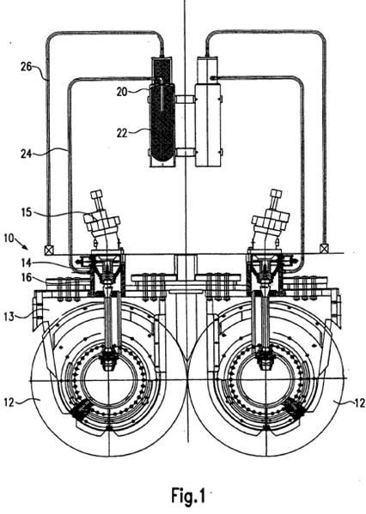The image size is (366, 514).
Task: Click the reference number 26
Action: click(26, 67)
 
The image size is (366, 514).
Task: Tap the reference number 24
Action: click(27, 154)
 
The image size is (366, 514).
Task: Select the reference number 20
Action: click(122, 92)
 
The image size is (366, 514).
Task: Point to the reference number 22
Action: click(122, 133)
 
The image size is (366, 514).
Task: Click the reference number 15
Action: click(26, 213)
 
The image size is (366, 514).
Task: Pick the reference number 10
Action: click(9, 238)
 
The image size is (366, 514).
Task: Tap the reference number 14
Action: click(27, 263)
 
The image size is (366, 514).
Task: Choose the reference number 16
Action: click(27, 277)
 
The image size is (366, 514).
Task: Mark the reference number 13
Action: click(9, 317)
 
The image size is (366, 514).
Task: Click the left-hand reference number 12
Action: click(9, 402)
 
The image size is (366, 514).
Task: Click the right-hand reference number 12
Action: click(360, 402)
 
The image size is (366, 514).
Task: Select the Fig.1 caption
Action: click(188, 495)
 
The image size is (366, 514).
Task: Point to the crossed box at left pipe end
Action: click(49, 250)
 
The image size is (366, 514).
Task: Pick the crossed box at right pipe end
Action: click(324, 249)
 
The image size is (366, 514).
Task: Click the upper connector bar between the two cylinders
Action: click(185, 99)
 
